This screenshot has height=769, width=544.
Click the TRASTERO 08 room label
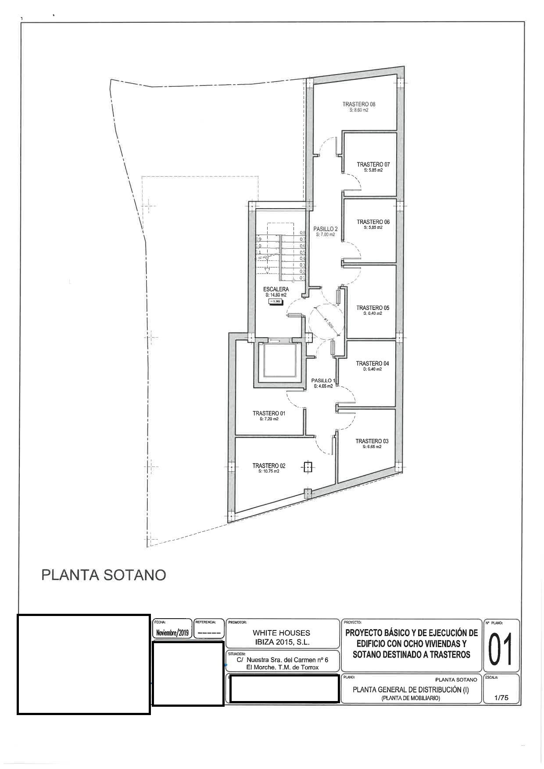tap(359, 104)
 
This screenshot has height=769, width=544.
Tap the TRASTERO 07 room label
tap(373, 164)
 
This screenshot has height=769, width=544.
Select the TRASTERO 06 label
tap(373, 222)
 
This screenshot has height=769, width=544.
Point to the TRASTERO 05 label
tap(372, 308)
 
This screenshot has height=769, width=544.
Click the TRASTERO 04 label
tap(372, 363)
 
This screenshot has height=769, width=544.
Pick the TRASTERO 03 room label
tap(372, 441)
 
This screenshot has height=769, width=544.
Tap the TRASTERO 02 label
tap(269, 466)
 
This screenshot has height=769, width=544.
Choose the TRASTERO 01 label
tap(269, 413)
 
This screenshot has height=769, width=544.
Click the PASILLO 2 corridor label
tap(325, 229)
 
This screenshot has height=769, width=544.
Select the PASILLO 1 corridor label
tap(323, 381)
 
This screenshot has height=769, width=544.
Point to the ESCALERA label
tap(276, 289)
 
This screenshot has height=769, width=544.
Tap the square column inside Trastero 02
tap(308, 467)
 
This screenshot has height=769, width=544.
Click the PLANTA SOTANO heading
tap(104, 575)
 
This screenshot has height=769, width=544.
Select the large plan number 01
tap(501, 648)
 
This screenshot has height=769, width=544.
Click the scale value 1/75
tap(501, 698)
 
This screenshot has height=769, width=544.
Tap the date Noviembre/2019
tap(172, 633)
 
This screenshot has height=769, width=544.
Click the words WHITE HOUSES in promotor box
tap(281, 633)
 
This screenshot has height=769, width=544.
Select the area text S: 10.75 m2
tap(269, 471)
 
